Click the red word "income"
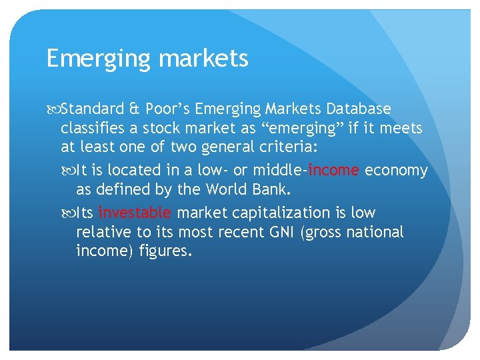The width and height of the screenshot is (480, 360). click(x=334, y=170)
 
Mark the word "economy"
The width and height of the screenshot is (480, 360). click(x=397, y=170)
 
